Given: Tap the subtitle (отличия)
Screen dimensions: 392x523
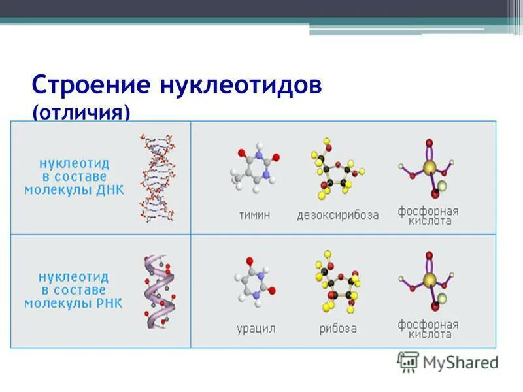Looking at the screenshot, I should pos(81,113).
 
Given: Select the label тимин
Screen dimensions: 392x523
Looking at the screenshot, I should pos(254,215).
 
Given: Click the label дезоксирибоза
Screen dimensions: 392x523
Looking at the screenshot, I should pos(337,215).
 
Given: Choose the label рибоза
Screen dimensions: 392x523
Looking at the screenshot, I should pos(338,329).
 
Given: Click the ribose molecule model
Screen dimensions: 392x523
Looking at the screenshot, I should pos(336,282).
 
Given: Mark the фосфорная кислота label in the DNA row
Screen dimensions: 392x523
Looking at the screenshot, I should pos(428,216).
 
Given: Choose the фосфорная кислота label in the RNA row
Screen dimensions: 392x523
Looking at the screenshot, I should pos(428,329).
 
